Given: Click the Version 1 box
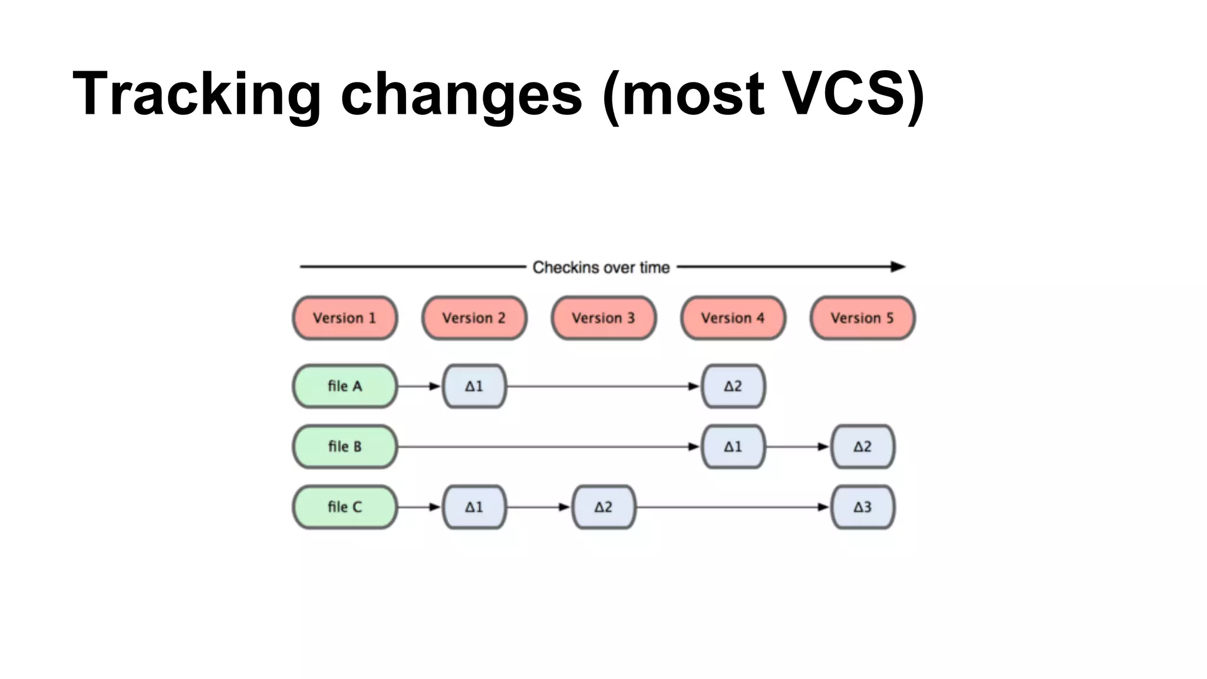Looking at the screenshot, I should pos(345,318).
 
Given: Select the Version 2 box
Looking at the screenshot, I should pos(474,318).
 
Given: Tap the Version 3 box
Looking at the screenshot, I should pos(603,318).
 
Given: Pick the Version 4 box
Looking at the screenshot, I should pos(733,318).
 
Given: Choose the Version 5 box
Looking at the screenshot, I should pos(862,318).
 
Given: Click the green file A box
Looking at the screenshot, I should pos(345,386).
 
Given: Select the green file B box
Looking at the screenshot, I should pos(345,447).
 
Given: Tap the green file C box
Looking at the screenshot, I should pos(345,507).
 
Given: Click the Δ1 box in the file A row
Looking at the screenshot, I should pos(474,386).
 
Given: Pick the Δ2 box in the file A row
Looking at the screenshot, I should pos(733,386).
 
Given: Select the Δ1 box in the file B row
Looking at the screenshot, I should pos(733,447).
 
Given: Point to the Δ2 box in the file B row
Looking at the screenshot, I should pos(862,447).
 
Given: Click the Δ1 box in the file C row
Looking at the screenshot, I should pos(474,507).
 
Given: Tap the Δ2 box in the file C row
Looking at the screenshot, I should pos(603,507).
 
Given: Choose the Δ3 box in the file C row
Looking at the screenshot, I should pos(862,507).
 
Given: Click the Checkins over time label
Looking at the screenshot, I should pos(601,268).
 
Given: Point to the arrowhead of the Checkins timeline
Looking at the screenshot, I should pos(898,267).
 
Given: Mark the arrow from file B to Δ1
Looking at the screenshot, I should pos(548,447).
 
